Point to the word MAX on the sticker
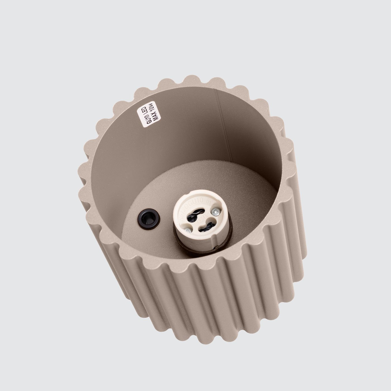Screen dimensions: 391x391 tap(149, 120)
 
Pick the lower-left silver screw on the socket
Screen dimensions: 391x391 tap(189, 230)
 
